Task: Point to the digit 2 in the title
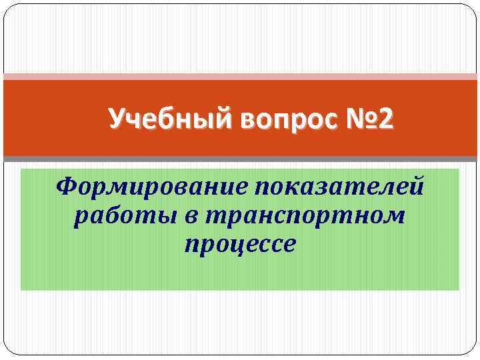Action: (387, 120)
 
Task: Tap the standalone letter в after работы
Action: (177, 216)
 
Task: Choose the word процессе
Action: (240, 245)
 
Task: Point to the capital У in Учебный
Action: (116, 120)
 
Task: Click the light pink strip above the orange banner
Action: (240, 77)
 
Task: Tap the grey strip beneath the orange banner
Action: (240, 159)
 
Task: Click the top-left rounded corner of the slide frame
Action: (8, 9)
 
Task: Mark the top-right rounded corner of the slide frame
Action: (472, 9)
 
